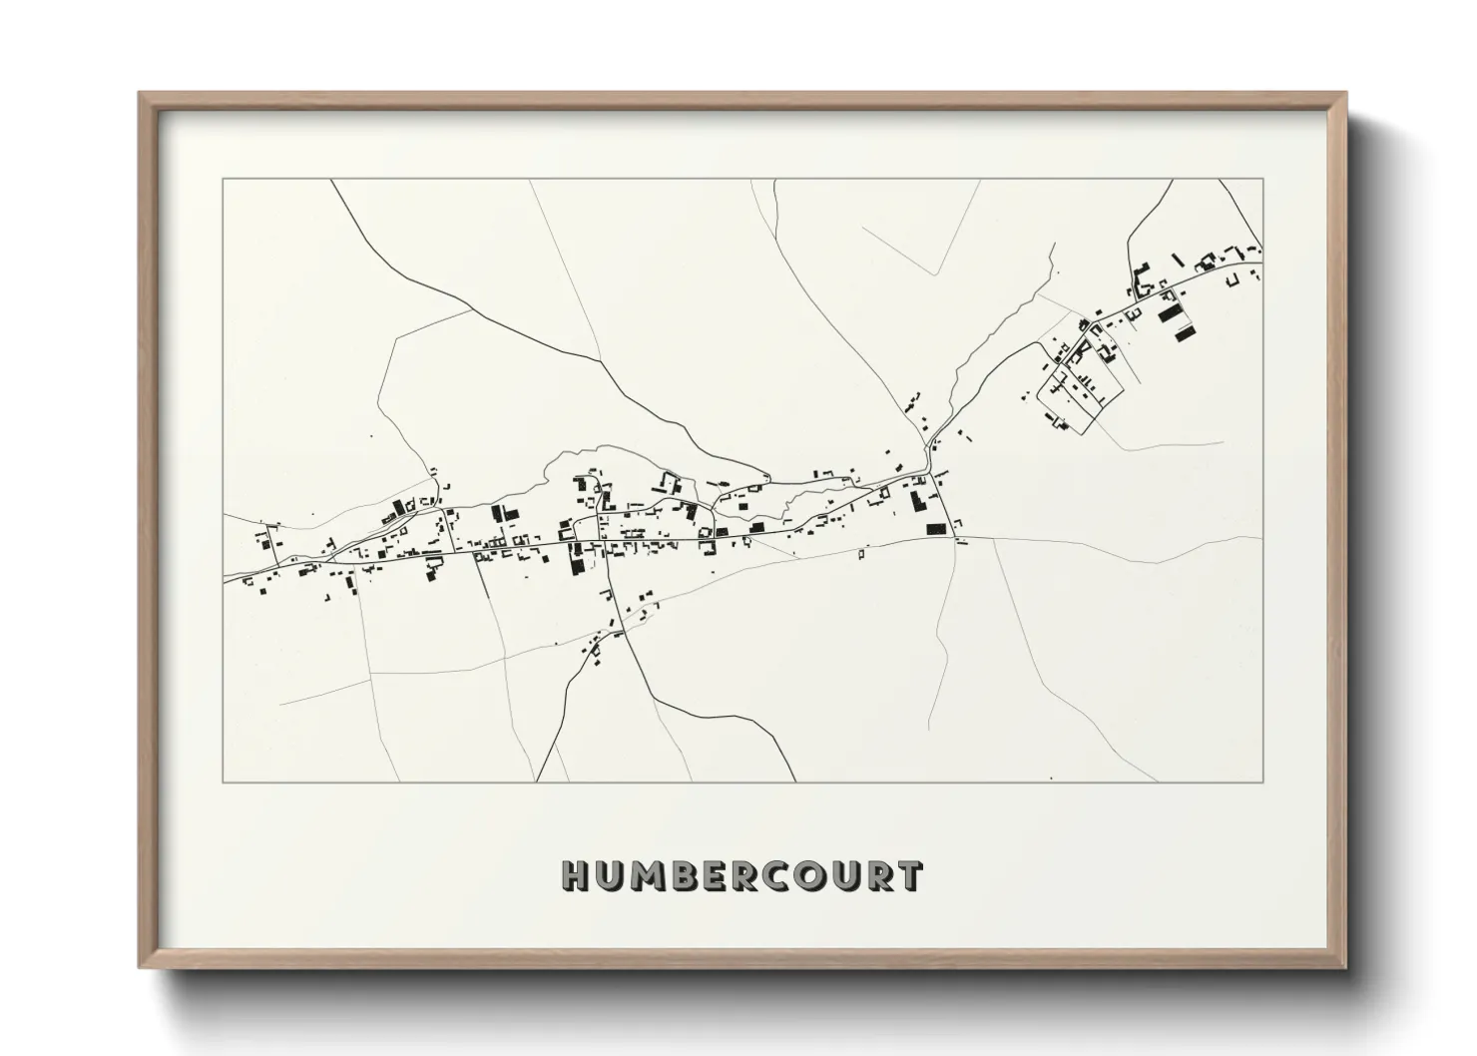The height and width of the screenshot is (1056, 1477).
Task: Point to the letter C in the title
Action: pyautogui.click(x=781, y=876)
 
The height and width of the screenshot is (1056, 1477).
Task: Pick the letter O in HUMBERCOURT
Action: pyautogui.click(x=817, y=876)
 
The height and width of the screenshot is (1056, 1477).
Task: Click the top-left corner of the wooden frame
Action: pyautogui.click(x=140, y=94)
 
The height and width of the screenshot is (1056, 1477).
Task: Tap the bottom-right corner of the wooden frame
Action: pyautogui.click(x=1345, y=967)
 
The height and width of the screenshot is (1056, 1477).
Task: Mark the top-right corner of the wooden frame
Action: pyautogui.click(x=1345, y=94)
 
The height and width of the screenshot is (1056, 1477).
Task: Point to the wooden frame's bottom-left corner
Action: pyautogui.click(x=140, y=967)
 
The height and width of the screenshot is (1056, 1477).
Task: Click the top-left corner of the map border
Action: pyautogui.click(x=224, y=180)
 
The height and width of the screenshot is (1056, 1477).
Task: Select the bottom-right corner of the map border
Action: pyautogui.click(x=1262, y=782)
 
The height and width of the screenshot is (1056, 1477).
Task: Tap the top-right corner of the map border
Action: pyautogui.click(x=1262, y=180)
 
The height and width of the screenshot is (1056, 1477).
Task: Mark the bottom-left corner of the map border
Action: pyautogui.click(x=224, y=782)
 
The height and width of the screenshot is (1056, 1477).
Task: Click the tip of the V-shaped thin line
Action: pyautogui.click(x=936, y=274)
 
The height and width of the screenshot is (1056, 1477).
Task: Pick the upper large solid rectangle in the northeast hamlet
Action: pyautogui.click(x=1169, y=311)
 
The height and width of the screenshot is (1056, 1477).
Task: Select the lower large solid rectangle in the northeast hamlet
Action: pyautogui.click(x=1186, y=330)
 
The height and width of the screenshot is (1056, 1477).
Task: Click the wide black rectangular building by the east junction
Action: pyautogui.click(x=935, y=530)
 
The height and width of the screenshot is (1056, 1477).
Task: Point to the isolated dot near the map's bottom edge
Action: pyautogui.click(x=1051, y=777)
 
